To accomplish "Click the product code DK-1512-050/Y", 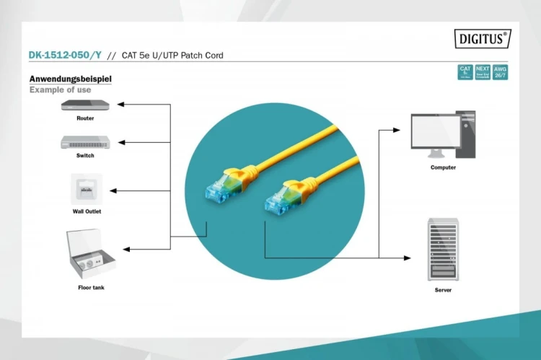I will click(x=64, y=55).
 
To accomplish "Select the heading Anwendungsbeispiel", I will click(x=70, y=79).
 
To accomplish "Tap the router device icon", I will click(x=85, y=105).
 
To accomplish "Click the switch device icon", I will click(x=85, y=142).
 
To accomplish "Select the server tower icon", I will click(x=443, y=251).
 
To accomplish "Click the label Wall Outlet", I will click(x=87, y=211).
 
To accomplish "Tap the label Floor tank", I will click(x=91, y=288).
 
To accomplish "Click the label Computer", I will click(x=443, y=167).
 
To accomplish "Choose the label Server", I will click(x=443, y=290).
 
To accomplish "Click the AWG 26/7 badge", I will click(x=500, y=72).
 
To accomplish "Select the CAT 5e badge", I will click(x=465, y=72).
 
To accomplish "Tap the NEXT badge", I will click(x=483, y=72).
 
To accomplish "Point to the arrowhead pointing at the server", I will click(x=408, y=258).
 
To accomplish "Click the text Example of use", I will click(x=60, y=90).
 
